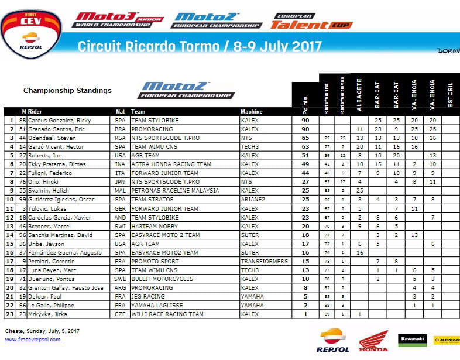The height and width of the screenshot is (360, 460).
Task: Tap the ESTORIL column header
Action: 449,95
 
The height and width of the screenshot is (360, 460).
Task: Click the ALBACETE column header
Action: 359,94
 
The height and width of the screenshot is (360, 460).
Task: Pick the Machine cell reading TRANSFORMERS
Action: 263,261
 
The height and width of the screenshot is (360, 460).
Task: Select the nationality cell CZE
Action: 120,314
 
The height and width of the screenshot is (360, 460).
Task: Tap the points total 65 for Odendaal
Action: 304,138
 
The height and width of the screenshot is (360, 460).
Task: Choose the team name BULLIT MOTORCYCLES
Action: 162,279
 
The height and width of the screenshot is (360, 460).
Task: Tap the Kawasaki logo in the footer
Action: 412,340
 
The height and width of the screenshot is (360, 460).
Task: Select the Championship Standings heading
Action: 67,91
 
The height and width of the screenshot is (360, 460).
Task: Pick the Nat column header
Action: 120,111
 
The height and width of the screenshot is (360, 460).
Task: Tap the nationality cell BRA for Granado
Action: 120,129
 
